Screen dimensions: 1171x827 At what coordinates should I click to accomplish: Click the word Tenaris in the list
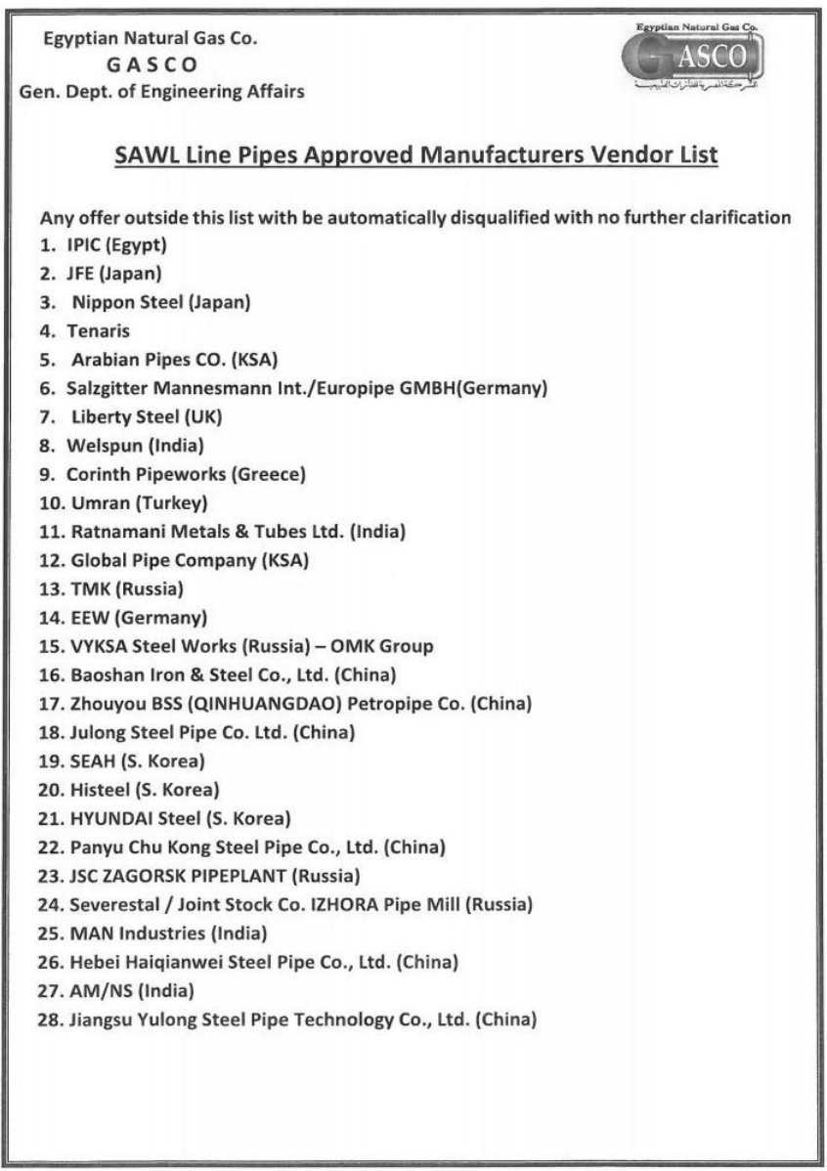(x=98, y=330)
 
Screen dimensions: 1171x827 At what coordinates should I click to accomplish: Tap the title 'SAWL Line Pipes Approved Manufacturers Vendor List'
(x=416, y=155)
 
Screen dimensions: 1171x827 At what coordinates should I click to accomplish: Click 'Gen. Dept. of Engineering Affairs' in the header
(x=161, y=93)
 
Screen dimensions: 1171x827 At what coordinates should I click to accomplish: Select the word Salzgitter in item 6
(x=109, y=388)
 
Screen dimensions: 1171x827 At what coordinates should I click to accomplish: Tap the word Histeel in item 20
(x=97, y=790)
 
